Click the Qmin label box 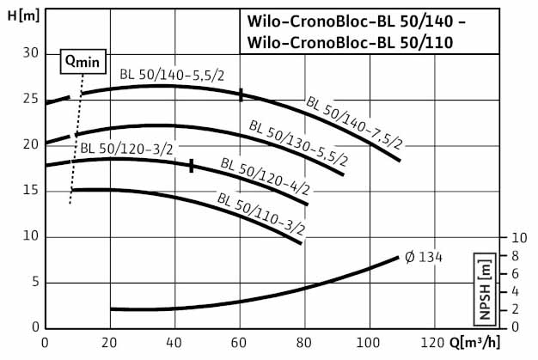(x=83, y=61)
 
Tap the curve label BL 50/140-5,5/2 (x=172, y=75)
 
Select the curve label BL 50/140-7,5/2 (x=354, y=124)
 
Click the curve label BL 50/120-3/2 (x=126, y=149)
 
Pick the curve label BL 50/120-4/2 (x=266, y=176)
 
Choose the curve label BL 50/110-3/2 (x=261, y=214)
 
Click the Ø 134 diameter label (x=424, y=257)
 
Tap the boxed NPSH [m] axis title (x=485, y=290)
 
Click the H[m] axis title (x=23, y=15)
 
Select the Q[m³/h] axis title (x=474, y=342)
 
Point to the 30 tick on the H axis (x=31, y=52)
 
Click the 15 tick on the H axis (x=31, y=190)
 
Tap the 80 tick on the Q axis (x=304, y=343)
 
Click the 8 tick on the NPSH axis (x=515, y=256)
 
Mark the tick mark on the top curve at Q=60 (x=241, y=95)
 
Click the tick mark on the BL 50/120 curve (x=192, y=166)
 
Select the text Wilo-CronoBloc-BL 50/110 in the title (x=350, y=43)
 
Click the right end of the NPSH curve (x=398, y=257)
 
